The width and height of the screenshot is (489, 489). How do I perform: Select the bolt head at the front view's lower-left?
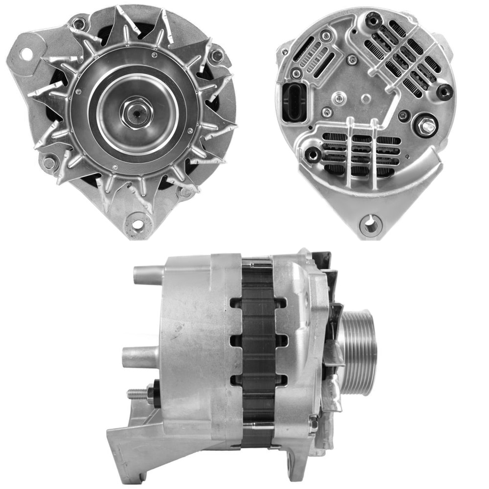[49, 162]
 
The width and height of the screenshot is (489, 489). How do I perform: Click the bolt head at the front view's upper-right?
[216, 56]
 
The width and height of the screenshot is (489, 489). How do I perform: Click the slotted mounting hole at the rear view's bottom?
[370, 225]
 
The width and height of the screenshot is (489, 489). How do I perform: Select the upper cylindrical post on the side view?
[148, 275]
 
